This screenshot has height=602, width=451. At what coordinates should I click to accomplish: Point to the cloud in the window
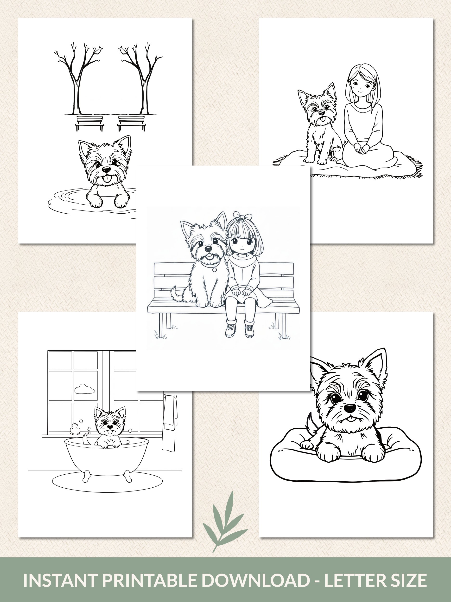[84, 389]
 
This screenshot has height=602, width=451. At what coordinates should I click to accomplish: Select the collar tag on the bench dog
[215, 269]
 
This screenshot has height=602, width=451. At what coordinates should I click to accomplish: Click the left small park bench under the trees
[90, 123]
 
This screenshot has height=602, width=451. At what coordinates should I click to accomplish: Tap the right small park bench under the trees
[132, 123]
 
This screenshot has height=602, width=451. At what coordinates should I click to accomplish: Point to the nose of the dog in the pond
[107, 169]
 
